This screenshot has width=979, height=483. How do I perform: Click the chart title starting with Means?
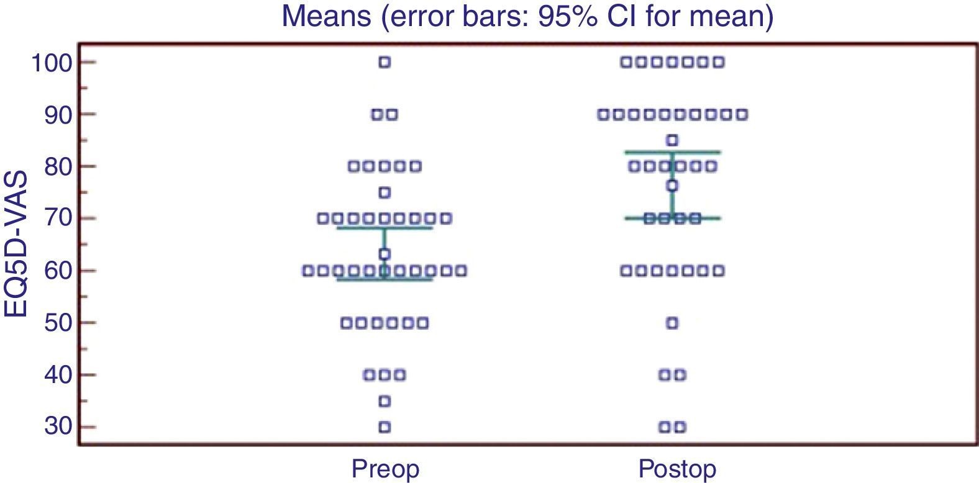point(527,16)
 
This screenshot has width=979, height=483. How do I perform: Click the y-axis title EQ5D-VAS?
point(16,244)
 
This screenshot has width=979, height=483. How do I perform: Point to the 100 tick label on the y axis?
point(52,63)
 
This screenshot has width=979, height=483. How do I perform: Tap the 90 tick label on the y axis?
point(58,115)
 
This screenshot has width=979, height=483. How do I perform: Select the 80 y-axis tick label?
point(58,168)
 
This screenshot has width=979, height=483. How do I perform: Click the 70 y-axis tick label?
point(58,219)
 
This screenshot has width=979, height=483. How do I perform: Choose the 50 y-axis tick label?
point(58,323)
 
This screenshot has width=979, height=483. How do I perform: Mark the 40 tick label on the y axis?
point(58,376)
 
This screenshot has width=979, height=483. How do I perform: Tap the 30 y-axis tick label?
point(58,427)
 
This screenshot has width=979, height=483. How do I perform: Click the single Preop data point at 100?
point(385,62)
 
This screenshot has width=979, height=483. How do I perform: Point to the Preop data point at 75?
point(385,192)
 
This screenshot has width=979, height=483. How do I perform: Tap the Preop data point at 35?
point(385,401)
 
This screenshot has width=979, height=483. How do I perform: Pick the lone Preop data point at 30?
point(385,427)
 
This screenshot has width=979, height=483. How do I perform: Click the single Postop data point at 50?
point(672,323)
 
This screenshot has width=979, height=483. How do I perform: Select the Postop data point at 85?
point(672,140)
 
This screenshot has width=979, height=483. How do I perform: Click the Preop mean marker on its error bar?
point(385,254)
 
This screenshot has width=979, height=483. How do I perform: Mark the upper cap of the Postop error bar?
point(673,152)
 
